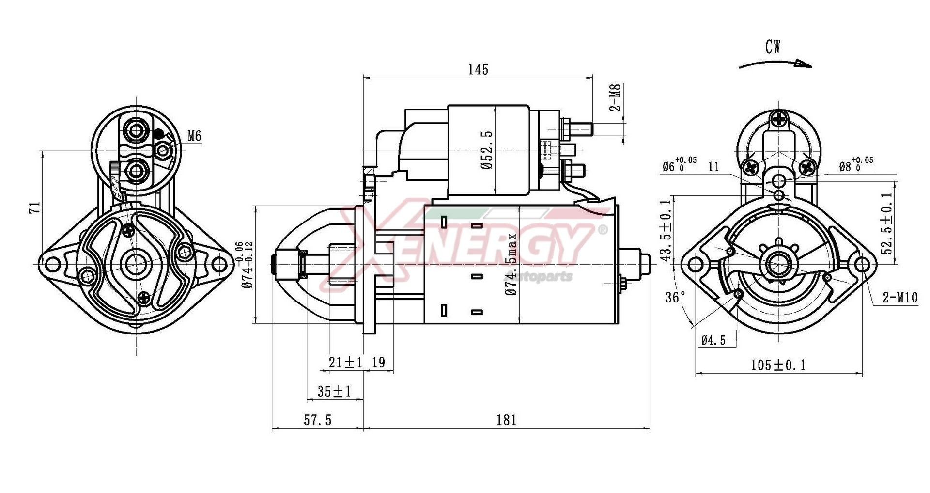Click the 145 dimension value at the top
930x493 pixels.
(x=478, y=70)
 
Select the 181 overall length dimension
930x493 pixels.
(x=506, y=420)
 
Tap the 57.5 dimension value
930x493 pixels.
(x=318, y=420)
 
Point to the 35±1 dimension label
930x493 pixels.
(x=334, y=391)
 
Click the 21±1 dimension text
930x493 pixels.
(x=345, y=363)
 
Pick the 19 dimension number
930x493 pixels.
(x=378, y=363)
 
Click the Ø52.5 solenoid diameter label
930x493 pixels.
(x=487, y=149)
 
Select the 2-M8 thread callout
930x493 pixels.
(x=615, y=97)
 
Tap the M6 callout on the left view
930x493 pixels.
(x=194, y=136)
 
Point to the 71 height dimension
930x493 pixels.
(x=34, y=207)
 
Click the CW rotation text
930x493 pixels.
(x=773, y=47)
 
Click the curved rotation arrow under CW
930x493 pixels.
(x=775, y=64)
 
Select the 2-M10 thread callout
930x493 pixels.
(x=900, y=298)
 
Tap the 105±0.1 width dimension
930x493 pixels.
(x=778, y=365)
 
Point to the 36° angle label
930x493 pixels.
(x=675, y=297)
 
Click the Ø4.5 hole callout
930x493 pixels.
(x=713, y=340)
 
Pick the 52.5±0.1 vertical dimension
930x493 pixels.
(x=886, y=223)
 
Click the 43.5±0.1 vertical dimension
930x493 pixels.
(x=667, y=230)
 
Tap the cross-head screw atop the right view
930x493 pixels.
(x=779, y=119)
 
